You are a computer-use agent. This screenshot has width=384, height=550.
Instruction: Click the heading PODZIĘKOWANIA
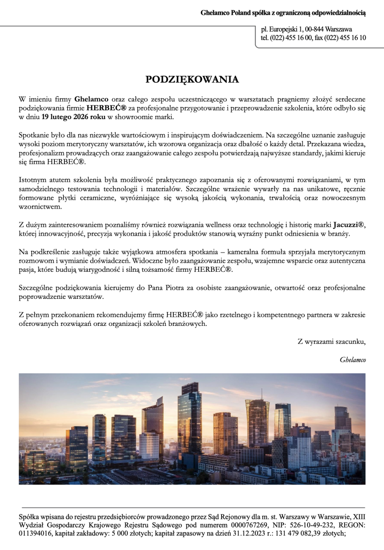[192, 80]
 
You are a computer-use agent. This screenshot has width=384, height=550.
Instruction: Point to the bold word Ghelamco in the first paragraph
[91, 99]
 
